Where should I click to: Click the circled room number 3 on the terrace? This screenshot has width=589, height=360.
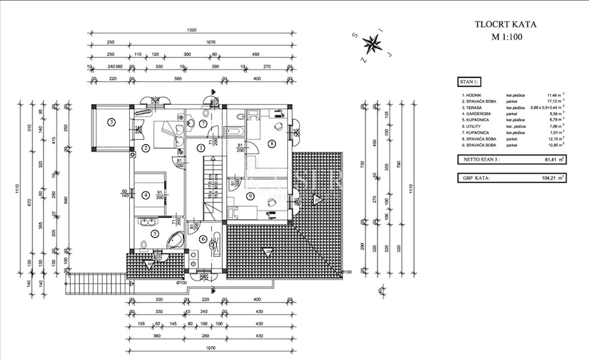click(112, 122)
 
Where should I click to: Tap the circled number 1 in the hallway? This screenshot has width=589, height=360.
click(201, 148)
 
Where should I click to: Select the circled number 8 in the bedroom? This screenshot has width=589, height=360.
click(271, 143)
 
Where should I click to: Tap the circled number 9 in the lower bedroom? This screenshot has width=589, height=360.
click(251, 196)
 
